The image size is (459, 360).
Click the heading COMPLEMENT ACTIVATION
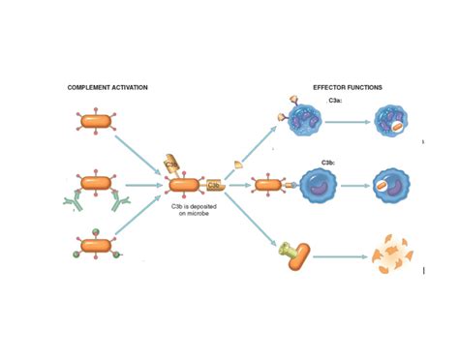107,88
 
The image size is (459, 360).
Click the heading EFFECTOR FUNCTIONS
348,88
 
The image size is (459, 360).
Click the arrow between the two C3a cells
350,122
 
